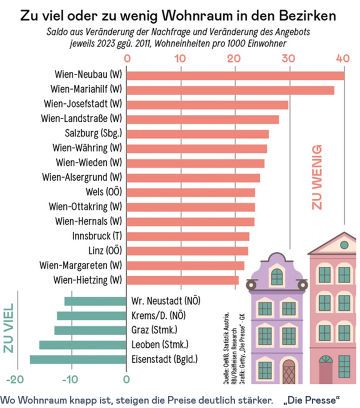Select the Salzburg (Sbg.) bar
pyautogui.click(x=198, y=134)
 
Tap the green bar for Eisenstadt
pyautogui.click(x=78, y=359)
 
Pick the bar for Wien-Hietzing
pyautogui.click(x=183, y=280)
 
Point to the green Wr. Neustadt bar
pyautogui.click(x=96, y=301)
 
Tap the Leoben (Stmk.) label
pyautogui.click(x=160, y=345)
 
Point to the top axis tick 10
pyautogui.click(x=180, y=58)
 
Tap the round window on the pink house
pyautogui.click(x=344, y=244)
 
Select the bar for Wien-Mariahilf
pyautogui.click(x=230, y=90)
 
